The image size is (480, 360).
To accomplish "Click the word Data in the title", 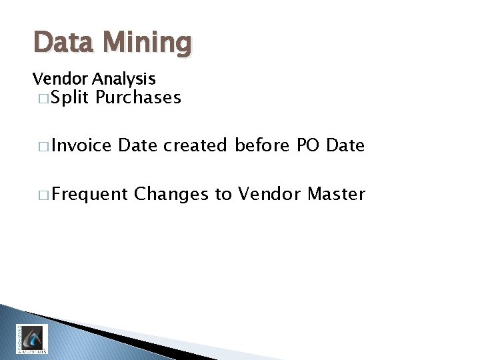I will pos(63,43).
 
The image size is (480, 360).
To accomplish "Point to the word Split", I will pos(70,98).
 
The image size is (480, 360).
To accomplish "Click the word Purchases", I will pos(138,98).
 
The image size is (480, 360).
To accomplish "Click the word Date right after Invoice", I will pos(138,145).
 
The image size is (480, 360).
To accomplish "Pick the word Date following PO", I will pos(345,145).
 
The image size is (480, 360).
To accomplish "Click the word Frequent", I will pos(89,195).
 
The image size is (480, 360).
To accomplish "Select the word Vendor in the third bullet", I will pos(270,194).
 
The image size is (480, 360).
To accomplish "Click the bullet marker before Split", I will pos(43,99).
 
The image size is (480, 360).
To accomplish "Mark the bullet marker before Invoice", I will pos(43,146).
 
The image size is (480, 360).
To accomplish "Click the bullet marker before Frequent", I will pos(43,195).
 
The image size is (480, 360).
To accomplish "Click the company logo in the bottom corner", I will pos(32,338).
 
